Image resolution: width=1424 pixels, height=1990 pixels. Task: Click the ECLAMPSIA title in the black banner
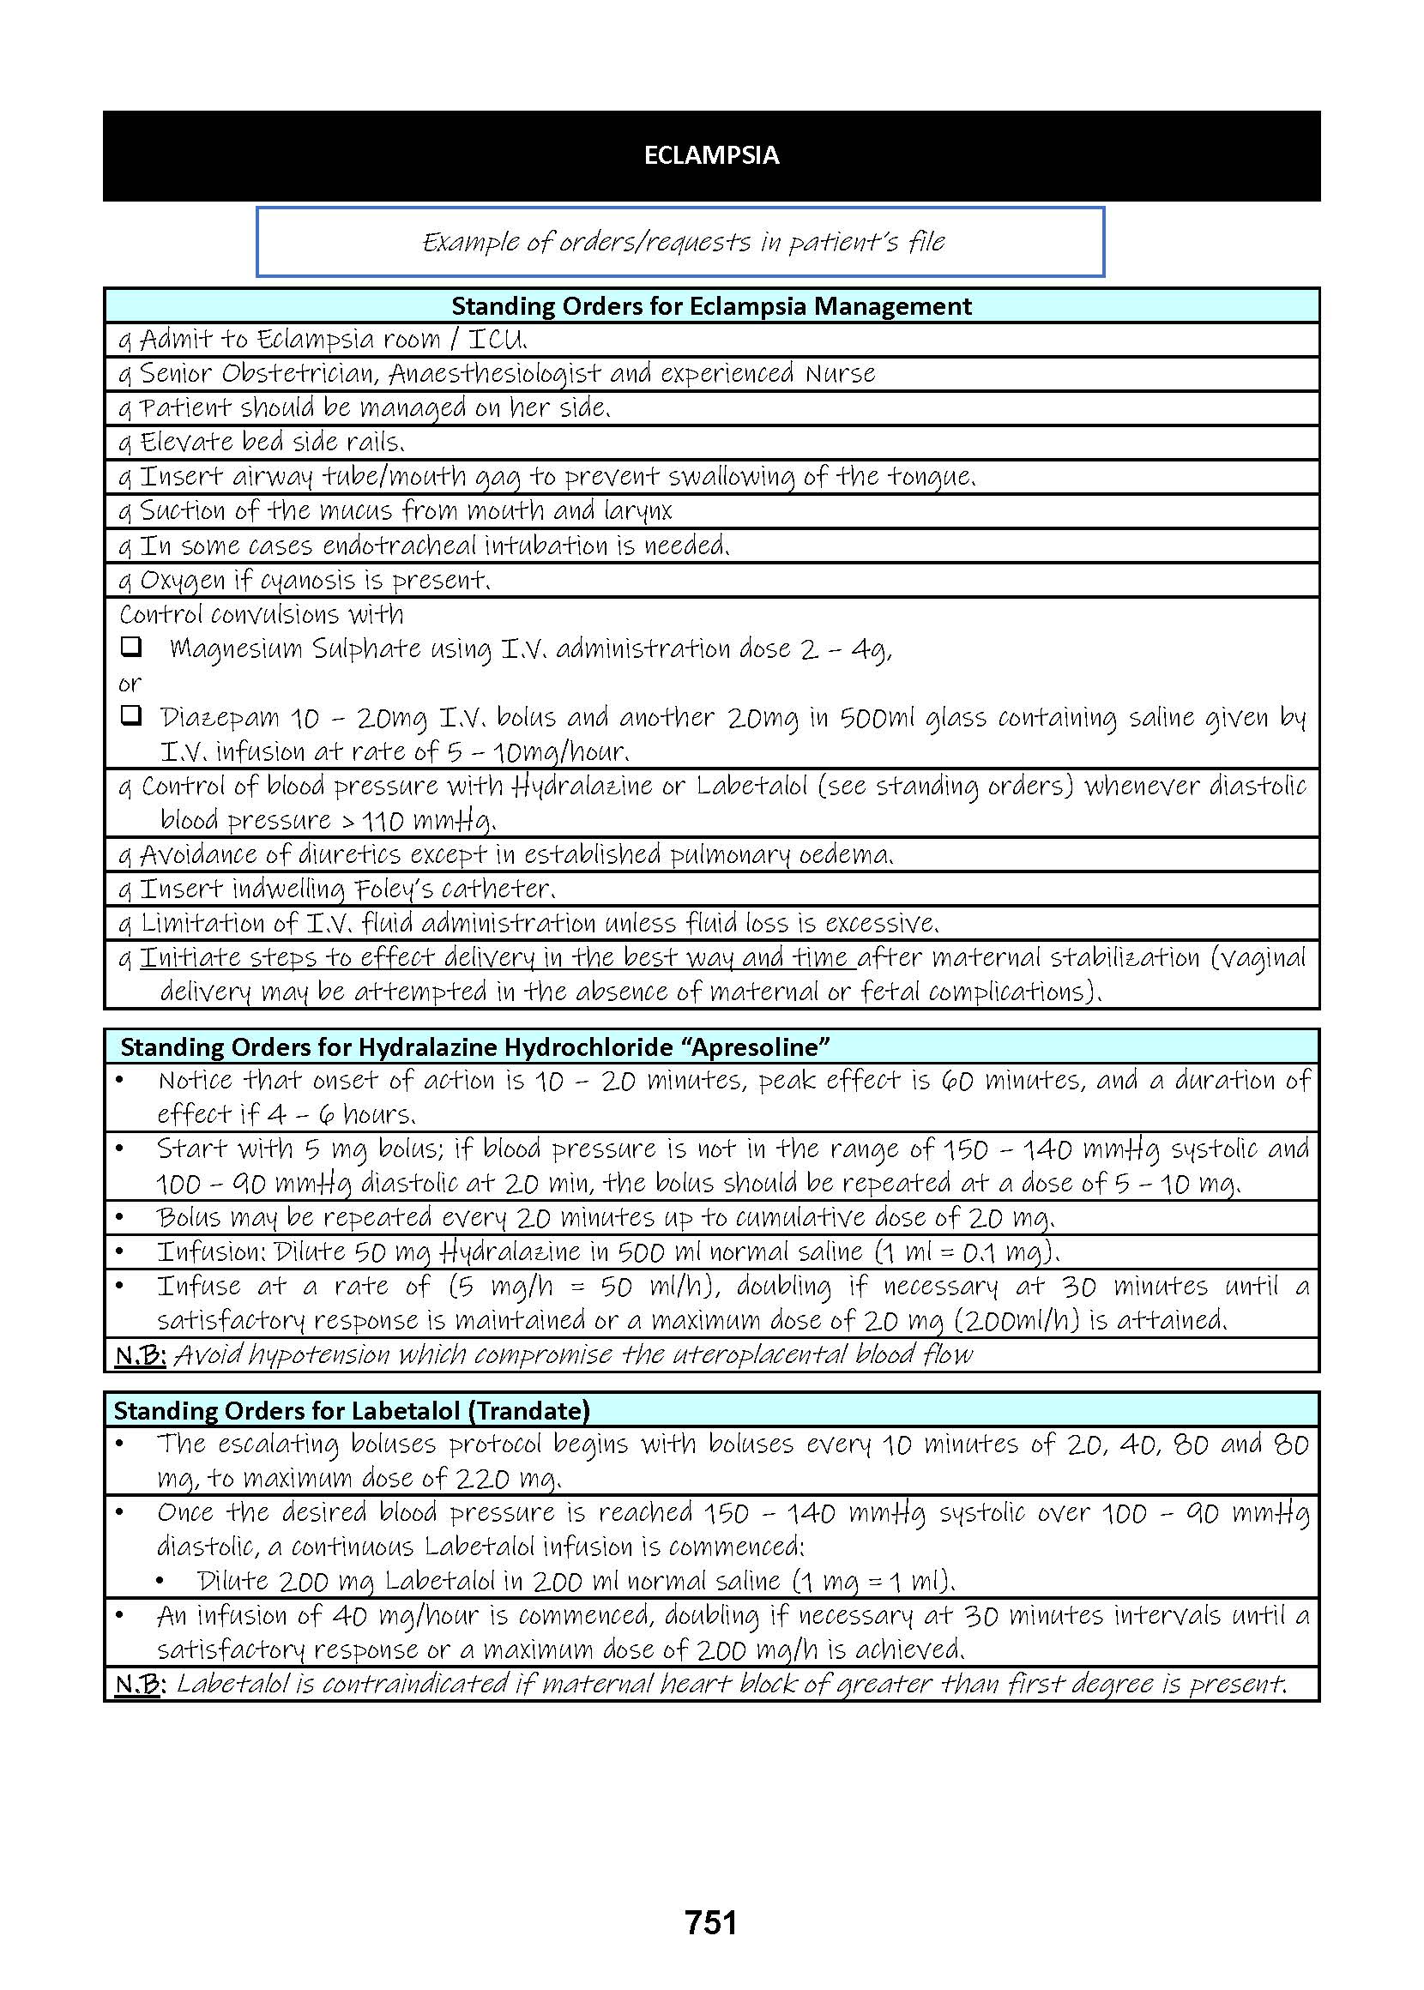click(711, 155)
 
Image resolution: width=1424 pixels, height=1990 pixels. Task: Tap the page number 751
click(711, 1922)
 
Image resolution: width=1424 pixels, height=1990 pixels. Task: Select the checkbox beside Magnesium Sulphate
click(130, 647)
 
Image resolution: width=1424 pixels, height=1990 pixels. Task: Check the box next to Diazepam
click(130, 716)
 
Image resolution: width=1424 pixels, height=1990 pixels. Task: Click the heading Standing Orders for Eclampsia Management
click(711, 306)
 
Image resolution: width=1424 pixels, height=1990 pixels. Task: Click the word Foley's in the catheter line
click(394, 889)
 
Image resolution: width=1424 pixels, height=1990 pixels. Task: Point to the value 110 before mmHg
click(383, 822)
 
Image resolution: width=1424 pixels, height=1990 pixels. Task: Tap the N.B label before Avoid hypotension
click(141, 1355)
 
